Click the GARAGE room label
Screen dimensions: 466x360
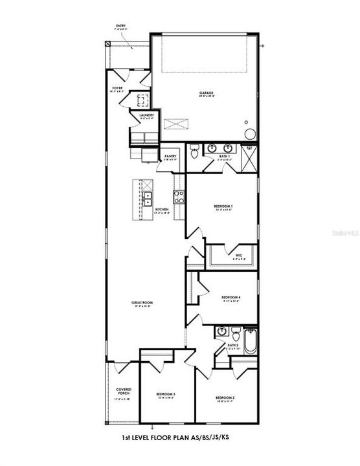pos(207,93)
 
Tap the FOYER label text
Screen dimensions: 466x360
pos(118,87)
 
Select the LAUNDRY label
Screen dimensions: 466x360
pos(146,115)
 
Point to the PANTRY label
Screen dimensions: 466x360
pos(170,156)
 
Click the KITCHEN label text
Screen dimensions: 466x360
pos(163,209)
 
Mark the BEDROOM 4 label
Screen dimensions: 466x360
pos(231,297)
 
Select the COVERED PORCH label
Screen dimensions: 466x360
pos(124,390)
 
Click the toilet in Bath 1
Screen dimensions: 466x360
pos(194,153)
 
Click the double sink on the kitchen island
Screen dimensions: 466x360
pos(148,199)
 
